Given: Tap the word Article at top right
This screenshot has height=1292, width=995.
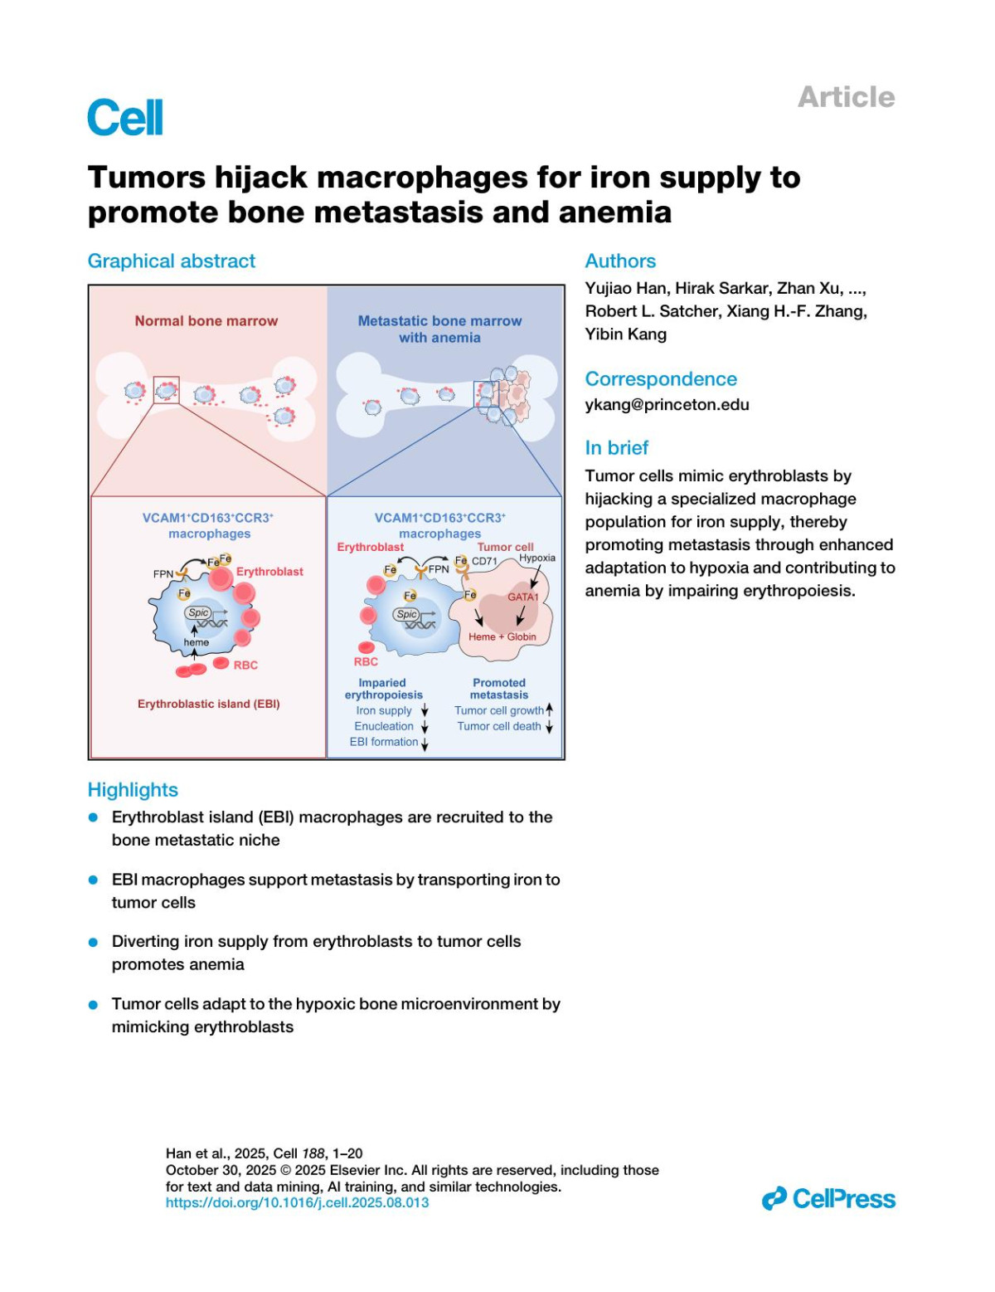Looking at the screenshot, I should pos(846,97).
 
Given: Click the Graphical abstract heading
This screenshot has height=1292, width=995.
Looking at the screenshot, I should pos(172,261).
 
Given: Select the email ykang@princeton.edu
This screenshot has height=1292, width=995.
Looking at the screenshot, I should pos(667,405).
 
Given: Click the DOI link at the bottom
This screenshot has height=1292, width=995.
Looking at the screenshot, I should pos(297,1202).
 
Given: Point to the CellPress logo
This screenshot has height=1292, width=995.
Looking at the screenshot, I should pos(828,1199).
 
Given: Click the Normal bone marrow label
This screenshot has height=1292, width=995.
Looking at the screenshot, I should pos(206,321).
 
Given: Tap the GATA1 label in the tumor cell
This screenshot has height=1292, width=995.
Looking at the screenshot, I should pos(523,597).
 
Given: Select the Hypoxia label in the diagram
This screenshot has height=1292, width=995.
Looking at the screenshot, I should pos(537,558).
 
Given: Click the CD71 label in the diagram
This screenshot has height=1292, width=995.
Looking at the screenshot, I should pos(484,562).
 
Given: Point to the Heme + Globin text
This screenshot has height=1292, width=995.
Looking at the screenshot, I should pos(502,637).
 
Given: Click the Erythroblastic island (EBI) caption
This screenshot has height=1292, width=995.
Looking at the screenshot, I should pos(209,704).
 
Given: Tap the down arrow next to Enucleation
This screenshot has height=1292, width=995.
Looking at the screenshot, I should pos(425,727).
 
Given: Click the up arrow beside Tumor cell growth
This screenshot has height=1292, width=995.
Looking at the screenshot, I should pos(549,710).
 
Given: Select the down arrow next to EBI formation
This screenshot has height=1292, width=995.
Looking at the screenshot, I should pos(425,744).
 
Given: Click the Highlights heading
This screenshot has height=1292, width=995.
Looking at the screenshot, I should pos(133,790).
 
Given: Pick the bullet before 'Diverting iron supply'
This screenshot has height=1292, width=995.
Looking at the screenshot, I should pos(94,942).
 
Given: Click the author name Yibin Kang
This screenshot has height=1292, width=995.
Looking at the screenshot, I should pos(625,334).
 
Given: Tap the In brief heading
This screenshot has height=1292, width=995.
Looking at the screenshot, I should pos(616,448).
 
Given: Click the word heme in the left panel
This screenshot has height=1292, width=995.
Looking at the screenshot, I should pos(197,643).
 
